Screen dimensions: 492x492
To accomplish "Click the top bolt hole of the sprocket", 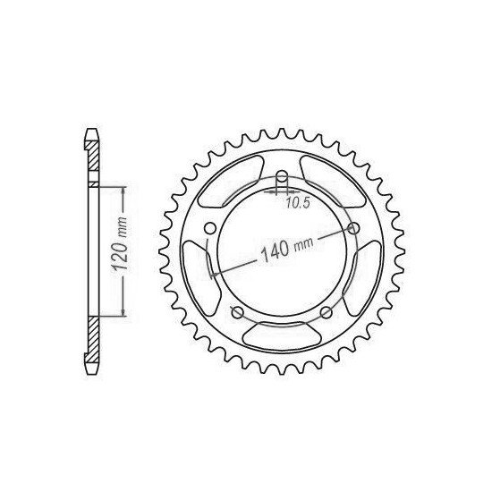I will tap(281, 176).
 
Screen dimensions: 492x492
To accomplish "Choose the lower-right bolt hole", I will tap(326, 311).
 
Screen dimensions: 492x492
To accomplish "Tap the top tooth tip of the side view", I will tap(90, 131).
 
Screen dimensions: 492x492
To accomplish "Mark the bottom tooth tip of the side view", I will tap(90, 372).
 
